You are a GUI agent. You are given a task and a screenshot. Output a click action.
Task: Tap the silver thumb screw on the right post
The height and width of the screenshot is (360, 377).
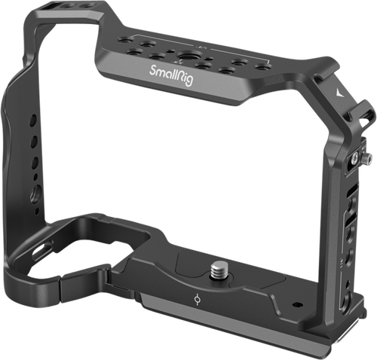(x=367, y=159)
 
